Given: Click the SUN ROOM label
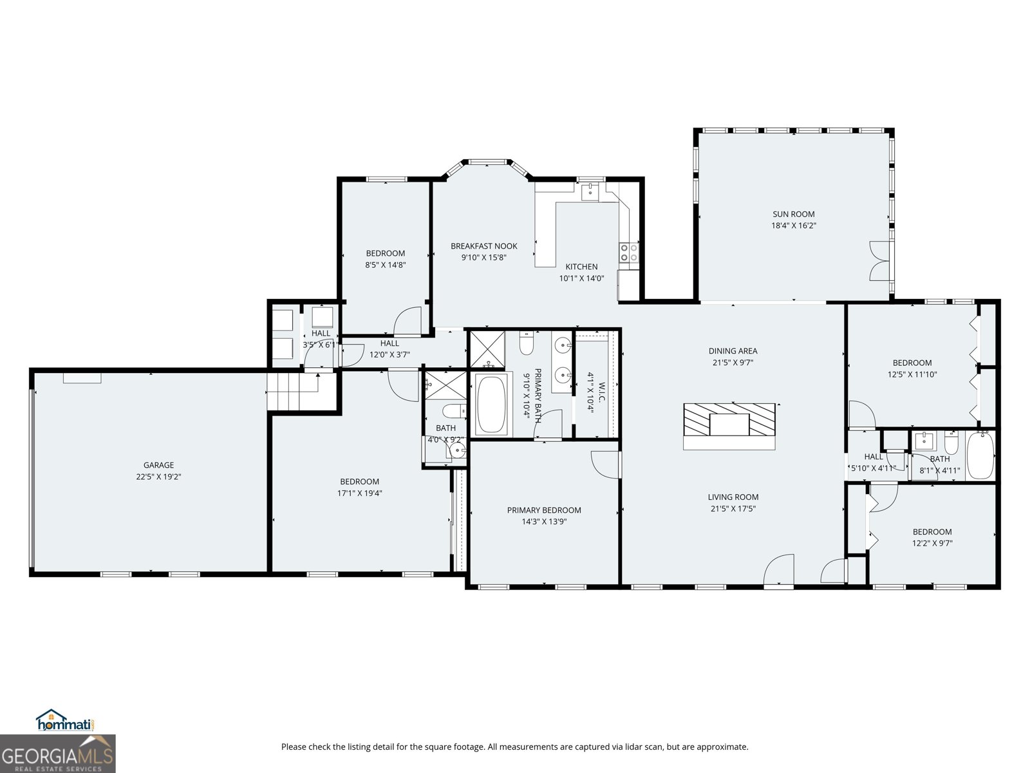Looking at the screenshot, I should (794, 214).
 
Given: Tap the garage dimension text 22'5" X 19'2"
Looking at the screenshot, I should (158, 477).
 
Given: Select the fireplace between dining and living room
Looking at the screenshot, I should (729, 426).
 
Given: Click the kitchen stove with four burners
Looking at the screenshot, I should (629, 252).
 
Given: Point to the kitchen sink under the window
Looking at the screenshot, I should (590, 191).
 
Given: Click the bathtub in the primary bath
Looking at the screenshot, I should (491, 405).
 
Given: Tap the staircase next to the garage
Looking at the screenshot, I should (294, 392).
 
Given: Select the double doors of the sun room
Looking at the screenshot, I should (879, 260).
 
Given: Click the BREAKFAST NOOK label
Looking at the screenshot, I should (483, 246).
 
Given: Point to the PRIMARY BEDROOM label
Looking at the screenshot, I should (544, 510).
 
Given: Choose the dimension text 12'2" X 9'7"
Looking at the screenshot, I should (932, 543).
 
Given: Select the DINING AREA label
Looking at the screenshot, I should (733, 351).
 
